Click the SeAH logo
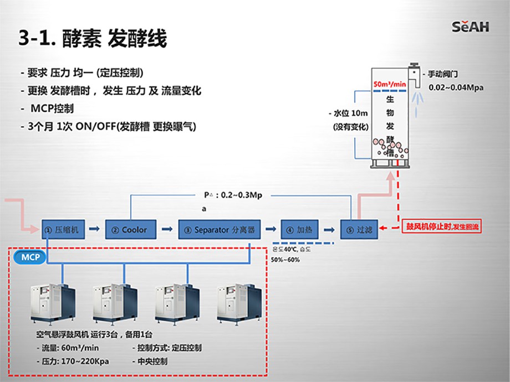(x=470, y=26)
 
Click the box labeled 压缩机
(x=64, y=229)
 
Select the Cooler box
(x=129, y=229)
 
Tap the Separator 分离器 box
(x=220, y=229)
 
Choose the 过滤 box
(x=358, y=229)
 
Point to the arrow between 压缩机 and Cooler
(x=95, y=229)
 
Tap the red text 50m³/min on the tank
(x=389, y=84)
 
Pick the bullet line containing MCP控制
(x=52, y=108)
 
